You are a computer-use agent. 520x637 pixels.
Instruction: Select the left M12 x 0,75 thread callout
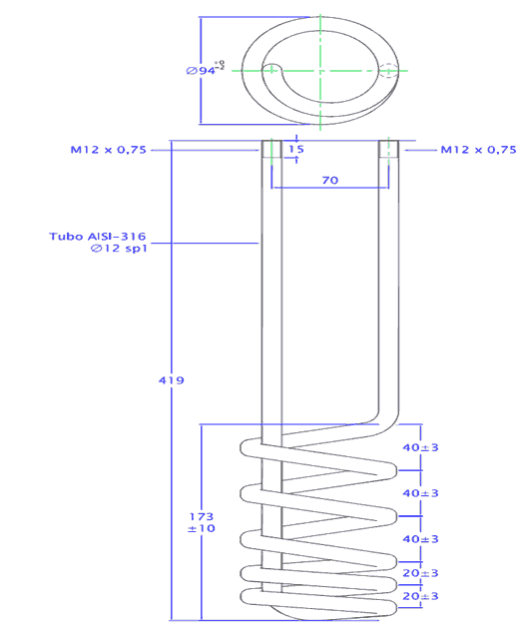point(108,150)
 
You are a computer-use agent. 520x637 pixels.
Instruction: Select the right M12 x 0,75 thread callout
point(479,150)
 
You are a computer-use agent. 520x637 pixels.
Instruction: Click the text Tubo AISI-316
point(97,237)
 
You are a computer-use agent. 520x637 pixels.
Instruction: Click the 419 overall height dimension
point(171,380)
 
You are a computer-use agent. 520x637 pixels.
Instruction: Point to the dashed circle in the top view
point(388,69)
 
